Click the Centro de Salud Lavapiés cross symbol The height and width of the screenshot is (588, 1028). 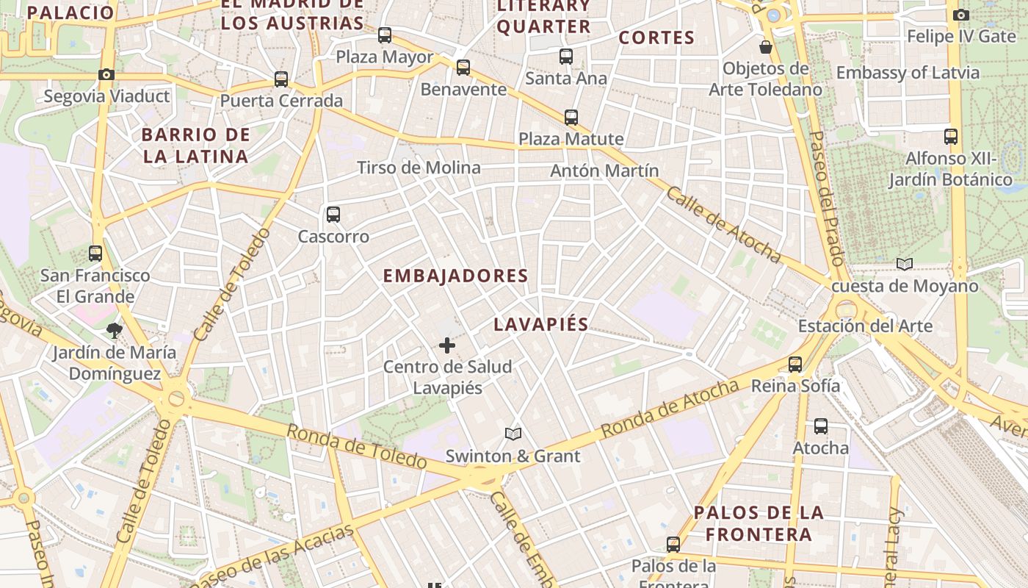point(446,345)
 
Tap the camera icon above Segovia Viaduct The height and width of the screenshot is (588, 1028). point(106,74)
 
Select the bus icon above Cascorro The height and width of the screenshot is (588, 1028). point(333,215)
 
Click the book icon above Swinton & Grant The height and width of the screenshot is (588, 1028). point(513,434)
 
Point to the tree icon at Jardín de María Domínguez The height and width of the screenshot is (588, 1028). point(114,330)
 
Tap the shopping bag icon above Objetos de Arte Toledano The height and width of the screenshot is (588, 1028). point(766,47)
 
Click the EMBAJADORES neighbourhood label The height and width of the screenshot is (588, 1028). point(455,276)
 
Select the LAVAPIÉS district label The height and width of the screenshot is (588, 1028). point(541,324)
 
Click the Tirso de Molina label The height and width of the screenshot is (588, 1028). point(419,168)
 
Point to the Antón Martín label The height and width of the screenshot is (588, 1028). point(604,171)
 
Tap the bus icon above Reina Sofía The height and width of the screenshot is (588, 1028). point(795,364)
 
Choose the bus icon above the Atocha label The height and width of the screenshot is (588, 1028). point(821,426)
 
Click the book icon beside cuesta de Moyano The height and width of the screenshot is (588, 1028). point(905,265)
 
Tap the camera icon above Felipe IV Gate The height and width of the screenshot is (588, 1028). point(960,15)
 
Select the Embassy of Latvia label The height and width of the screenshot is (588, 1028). point(908,73)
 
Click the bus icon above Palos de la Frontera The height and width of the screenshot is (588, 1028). point(673,545)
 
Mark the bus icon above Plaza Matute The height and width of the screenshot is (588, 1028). point(571,117)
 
